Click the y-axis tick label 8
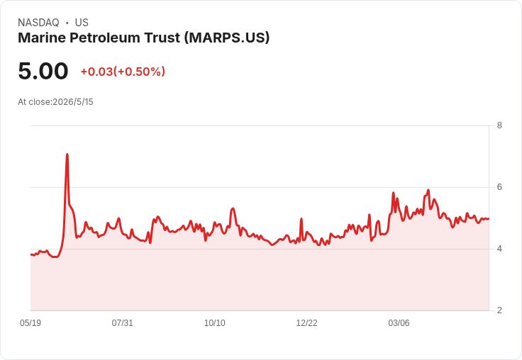499,125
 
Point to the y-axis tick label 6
499,187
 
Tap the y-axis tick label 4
499,249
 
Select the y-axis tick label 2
499,310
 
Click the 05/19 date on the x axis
30,322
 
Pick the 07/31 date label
122,322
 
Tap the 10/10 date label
214,322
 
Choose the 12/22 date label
306,322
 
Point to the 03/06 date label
399,322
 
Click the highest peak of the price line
67,154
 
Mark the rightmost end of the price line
489,218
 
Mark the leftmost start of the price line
31,255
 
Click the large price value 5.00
43,71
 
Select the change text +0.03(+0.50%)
123,72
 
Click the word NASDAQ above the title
38,23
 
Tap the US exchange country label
82,23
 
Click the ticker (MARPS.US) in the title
227,38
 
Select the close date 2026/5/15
73,102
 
